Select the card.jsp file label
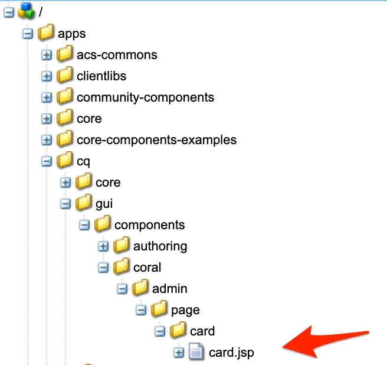[231, 353]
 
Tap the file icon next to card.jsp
[196, 351]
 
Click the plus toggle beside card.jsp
[179, 353]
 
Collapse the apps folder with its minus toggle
[28, 34]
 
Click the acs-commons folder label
[117, 54]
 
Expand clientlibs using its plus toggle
[47, 76]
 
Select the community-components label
[145, 97]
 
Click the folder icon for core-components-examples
[64, 138]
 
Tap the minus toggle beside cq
[47, 161]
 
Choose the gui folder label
[104, 204]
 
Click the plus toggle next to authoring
[103, 246]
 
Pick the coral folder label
[147, 268]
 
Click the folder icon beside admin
[140, 288]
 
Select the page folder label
[185, 311]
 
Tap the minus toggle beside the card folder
[160, 331]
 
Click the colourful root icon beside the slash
[26, 11]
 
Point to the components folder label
[150, 225]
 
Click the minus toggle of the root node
[9, 12]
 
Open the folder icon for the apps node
[45, 32]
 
